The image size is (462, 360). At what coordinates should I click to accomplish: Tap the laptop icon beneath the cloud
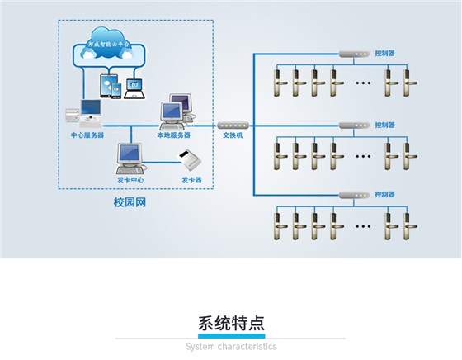pyautogui.click(x=133, y=88)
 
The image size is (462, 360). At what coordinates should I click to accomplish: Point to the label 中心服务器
pyautogui.click(x=87, y=135)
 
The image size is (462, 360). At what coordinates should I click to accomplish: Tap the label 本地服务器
pyautogui.click(x=174, y=135)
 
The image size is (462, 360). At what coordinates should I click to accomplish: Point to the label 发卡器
pyautogui.click(x=191, y=179)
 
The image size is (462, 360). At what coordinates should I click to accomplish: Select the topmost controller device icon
pyautogui.click(x=352, y=54)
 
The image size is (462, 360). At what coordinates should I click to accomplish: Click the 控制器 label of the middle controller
pyautogui.click(x=384, y=125)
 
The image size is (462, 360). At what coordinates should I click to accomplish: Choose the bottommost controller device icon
pyautogui.click(x=352, y=196)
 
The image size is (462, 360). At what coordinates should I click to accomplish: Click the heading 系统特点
pyautogui.click(x=231, y=323)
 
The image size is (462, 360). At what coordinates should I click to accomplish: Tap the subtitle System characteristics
pyautogui.click(x=231, y=347)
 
